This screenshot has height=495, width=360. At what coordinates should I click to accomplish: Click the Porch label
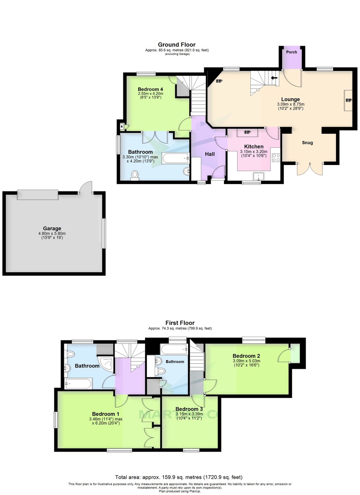[x=292, y=52]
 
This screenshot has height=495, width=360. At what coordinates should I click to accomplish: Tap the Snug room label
[x=307, y=143]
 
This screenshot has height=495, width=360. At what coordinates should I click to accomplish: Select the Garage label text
[x=52, y=228]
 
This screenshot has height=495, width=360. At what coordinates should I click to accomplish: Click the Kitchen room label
[x=254, y=146]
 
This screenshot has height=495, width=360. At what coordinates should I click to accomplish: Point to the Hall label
[x=210, y=154]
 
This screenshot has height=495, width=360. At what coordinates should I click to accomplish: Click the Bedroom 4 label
[x=151, y=89]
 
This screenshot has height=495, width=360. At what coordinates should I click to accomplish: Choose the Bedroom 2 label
[x=246, y=356]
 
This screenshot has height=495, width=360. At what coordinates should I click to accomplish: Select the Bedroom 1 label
[x=106, y=414]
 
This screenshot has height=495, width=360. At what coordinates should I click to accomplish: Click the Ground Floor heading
[x=176, y=45]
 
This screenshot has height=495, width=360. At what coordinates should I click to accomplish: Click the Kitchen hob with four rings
[x=276, y=157]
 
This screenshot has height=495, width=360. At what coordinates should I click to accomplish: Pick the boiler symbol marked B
[x=122, y=126]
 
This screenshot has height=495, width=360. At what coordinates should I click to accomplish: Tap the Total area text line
[x=180, y=477]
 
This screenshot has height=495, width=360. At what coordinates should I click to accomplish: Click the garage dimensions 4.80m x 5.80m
[x=52, y=233]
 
